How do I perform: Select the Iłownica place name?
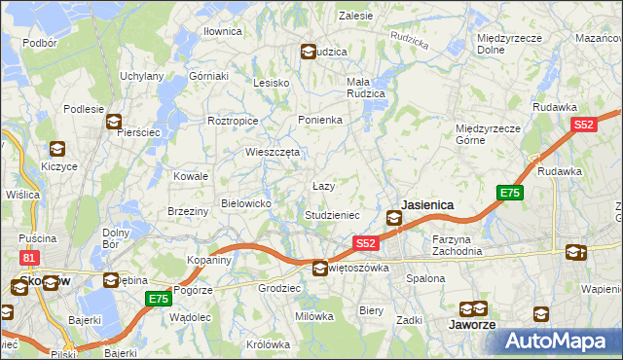point(222,31)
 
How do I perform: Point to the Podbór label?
point(40,43)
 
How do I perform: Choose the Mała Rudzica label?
point(366,88)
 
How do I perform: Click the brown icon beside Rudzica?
point(309,52)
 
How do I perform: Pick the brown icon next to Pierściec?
point(114,123)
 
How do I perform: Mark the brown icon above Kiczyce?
point(56,149)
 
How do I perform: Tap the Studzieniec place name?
point(333,214)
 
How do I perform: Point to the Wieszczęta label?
point(273,152)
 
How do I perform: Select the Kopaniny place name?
point(209,261)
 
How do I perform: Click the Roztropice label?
point(233,121)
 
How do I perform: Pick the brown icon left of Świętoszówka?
point(320,268)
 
